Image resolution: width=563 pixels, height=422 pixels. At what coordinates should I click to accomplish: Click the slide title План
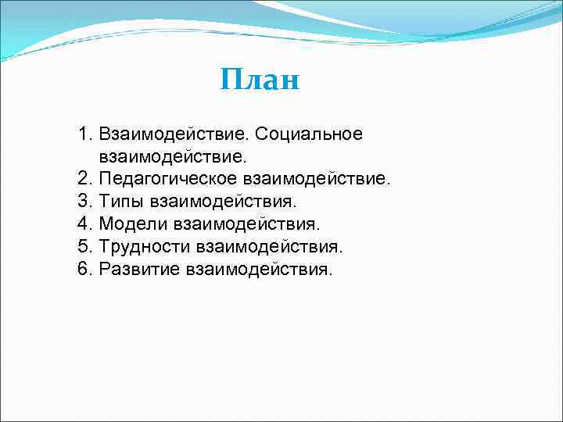(x=260, y=79)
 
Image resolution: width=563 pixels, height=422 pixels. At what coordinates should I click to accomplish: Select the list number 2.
(x=84, y=179)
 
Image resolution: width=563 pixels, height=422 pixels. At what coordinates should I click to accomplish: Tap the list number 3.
(x=84, y=202)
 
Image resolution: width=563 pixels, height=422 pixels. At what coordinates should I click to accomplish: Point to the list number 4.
(x=84, y=224)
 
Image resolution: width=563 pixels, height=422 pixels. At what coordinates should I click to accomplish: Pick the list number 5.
(x=84, y=247)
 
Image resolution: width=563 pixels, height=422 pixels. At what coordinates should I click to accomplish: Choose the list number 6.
(x=84, y=270)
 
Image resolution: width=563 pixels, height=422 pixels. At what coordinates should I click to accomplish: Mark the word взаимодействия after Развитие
(x=259, y=270)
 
